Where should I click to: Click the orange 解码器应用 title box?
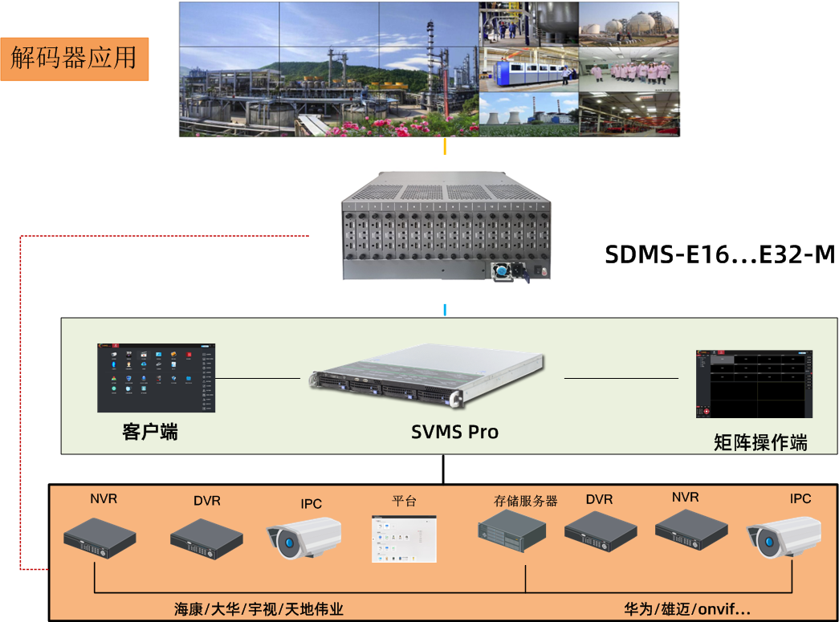click(x=75, y=58)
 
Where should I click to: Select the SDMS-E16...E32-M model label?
click(x=719, y=255)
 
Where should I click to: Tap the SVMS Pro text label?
click(x=454, y=432)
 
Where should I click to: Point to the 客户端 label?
click(x=150, y=432)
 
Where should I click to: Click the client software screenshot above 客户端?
click(x=157, y=378)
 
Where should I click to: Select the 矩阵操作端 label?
click(x=760, y=442)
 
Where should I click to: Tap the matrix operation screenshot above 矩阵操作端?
click(x=754, y=384)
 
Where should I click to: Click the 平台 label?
click(x=405, y=501)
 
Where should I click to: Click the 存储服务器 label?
click(x=525, y=501)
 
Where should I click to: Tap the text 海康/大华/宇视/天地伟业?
click(x=259, y=609)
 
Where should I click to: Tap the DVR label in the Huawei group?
click(x=599, y=499)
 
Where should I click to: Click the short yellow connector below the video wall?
click(x=445, y=147)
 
